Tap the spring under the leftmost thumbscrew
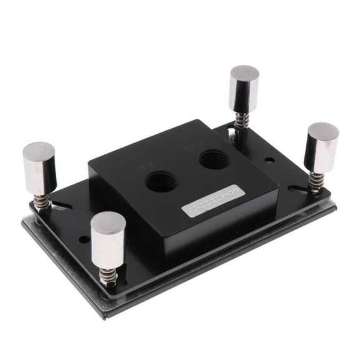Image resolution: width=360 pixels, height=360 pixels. [x=42, y=201]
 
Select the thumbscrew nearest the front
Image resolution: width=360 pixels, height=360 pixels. [x=108, y=241]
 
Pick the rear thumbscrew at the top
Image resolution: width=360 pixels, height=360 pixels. [x=244, y=87]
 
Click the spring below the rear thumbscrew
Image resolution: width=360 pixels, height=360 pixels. [x=241, y=119]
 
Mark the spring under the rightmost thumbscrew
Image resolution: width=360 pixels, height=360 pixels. [x=317, y=182]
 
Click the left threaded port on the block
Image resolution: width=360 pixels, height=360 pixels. [x=161, y=182]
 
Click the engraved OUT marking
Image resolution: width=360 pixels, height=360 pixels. [x=192, y=149]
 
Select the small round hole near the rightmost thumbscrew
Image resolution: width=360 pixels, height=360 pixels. [x=269, y=161]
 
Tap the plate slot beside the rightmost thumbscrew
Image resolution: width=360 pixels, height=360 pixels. [x=294, y=188]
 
